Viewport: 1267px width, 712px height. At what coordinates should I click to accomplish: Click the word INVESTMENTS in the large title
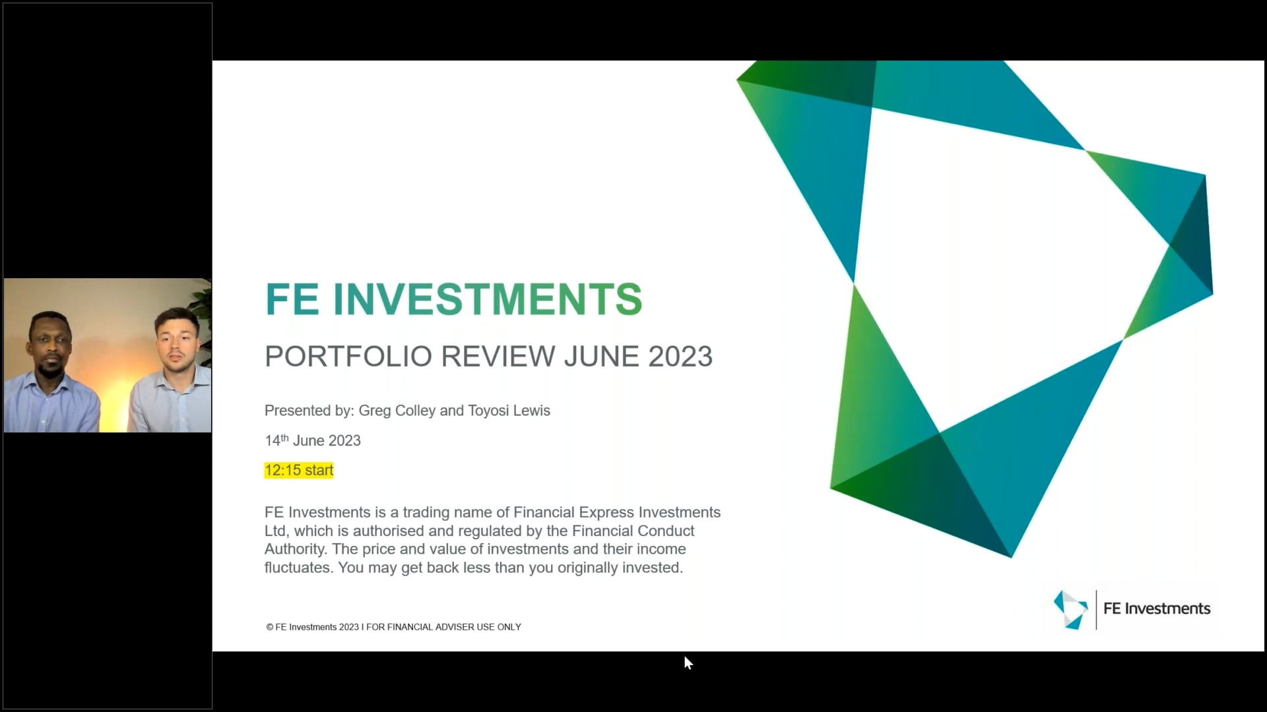pyautogui.click(x=487, y=299)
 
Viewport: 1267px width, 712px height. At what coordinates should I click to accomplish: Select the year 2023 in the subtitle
pyautogui.click(x=680, y=357)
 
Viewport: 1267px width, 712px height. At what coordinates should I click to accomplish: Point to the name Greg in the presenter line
pyautogui.click(x=375, y=411)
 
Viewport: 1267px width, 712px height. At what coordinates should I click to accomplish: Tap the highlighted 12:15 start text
pyautogui.click(x=299, y=470)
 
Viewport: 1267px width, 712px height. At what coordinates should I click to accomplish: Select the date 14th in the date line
pyautogui.click(x=276, y=440)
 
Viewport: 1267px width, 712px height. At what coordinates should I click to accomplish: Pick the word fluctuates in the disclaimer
pyautogui.click(x=298, y=568)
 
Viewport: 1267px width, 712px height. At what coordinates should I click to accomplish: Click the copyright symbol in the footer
pyautogui.click(x=270, y=627)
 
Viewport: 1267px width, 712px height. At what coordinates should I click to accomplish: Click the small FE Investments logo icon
pyautogui.click(x=1070, y=609)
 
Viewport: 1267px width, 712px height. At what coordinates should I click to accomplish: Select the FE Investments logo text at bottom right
pyautogui.click(x=1156, y=608)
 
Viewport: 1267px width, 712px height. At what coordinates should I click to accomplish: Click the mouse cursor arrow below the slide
pyautogui.click(x=688, y=663)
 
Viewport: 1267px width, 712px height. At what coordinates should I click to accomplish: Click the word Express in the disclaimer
pyautogui.click(x=606, y=512)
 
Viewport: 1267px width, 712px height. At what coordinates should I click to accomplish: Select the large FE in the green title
pyautogui.click(x=292, y=299)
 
